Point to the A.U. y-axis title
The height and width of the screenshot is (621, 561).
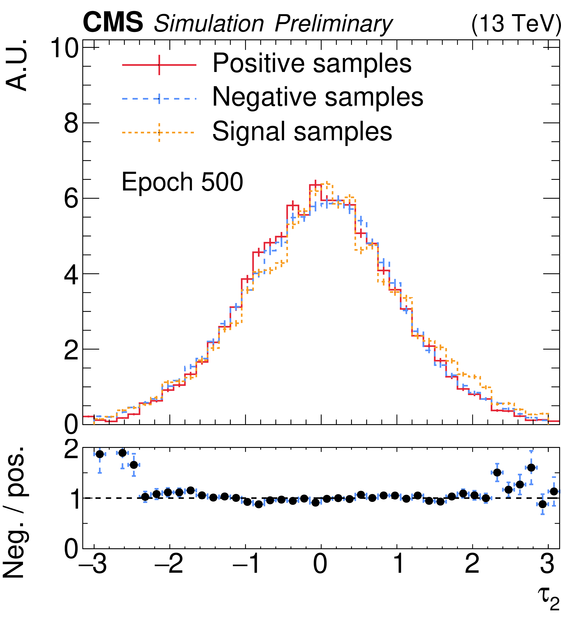(17, 65)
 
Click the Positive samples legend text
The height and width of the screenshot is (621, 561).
(312, 63)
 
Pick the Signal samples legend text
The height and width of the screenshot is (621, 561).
(302, 132)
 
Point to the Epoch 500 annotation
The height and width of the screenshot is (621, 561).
(182, 182)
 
